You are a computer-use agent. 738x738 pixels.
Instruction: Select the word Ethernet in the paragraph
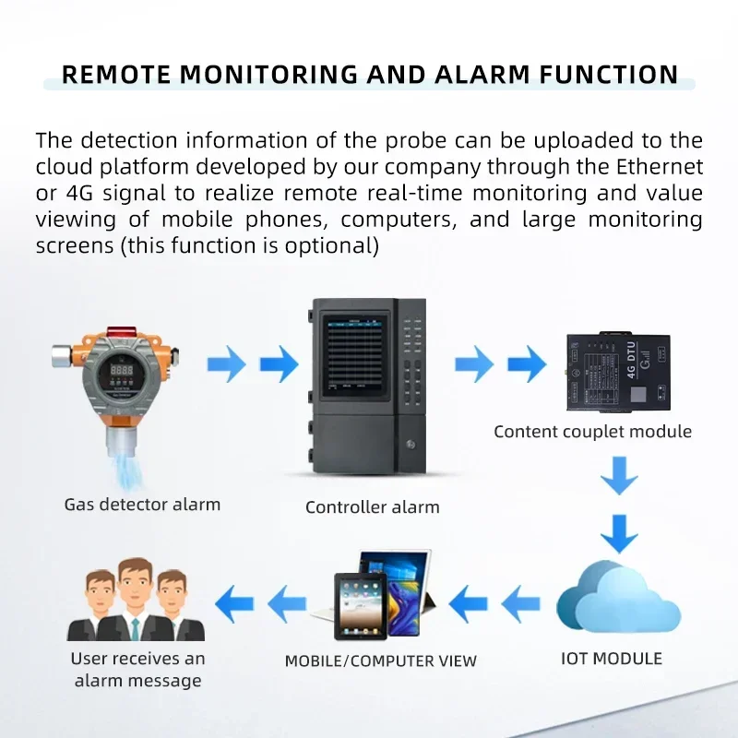click(657, 167)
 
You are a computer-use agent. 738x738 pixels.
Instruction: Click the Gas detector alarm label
click(142, 505)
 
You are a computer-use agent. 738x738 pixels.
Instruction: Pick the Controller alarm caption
click(372, 506)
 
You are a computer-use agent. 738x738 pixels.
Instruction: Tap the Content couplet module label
click(592, 431)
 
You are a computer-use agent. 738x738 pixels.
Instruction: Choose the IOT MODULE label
click(612, 658)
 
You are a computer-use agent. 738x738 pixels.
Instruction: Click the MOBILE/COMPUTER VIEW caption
click(380, 661)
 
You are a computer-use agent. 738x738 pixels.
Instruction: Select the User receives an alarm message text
click(137, 670)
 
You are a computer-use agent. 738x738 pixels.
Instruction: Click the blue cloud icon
click(616, 600)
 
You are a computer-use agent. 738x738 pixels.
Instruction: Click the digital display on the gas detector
click(118, 367)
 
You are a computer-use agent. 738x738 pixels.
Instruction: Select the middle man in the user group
click(135, 599)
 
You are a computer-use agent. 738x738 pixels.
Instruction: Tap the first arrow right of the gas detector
click(226, 364)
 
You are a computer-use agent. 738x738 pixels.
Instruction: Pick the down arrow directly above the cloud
click(618, 533)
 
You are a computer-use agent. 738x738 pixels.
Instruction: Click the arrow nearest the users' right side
click(234, 604)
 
